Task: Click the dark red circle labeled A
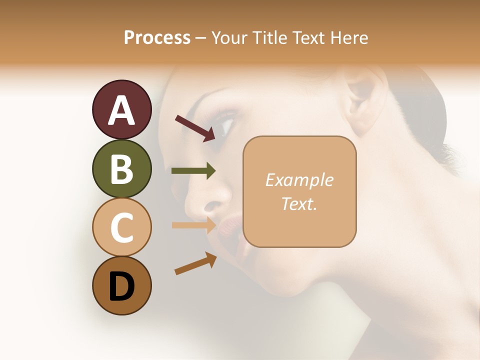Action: click(121, 109)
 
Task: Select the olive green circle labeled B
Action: click(121, 168)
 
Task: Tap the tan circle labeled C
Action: click(121, 227)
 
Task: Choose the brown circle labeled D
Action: click(121, 285)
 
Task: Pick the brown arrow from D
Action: click(195, 263)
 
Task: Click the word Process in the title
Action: click(157, 37)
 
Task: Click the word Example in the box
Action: click(299, 180)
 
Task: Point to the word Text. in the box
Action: click(299, 203)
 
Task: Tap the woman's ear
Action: click(360, 100)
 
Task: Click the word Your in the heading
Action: click(229, 37)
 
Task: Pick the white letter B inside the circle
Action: click(121, 168)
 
